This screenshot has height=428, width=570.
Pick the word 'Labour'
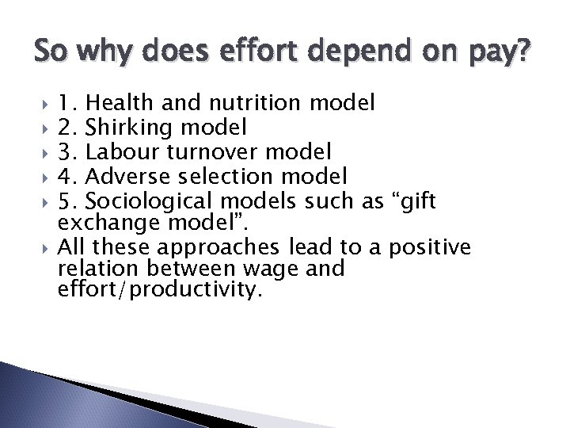click(123, 149)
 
